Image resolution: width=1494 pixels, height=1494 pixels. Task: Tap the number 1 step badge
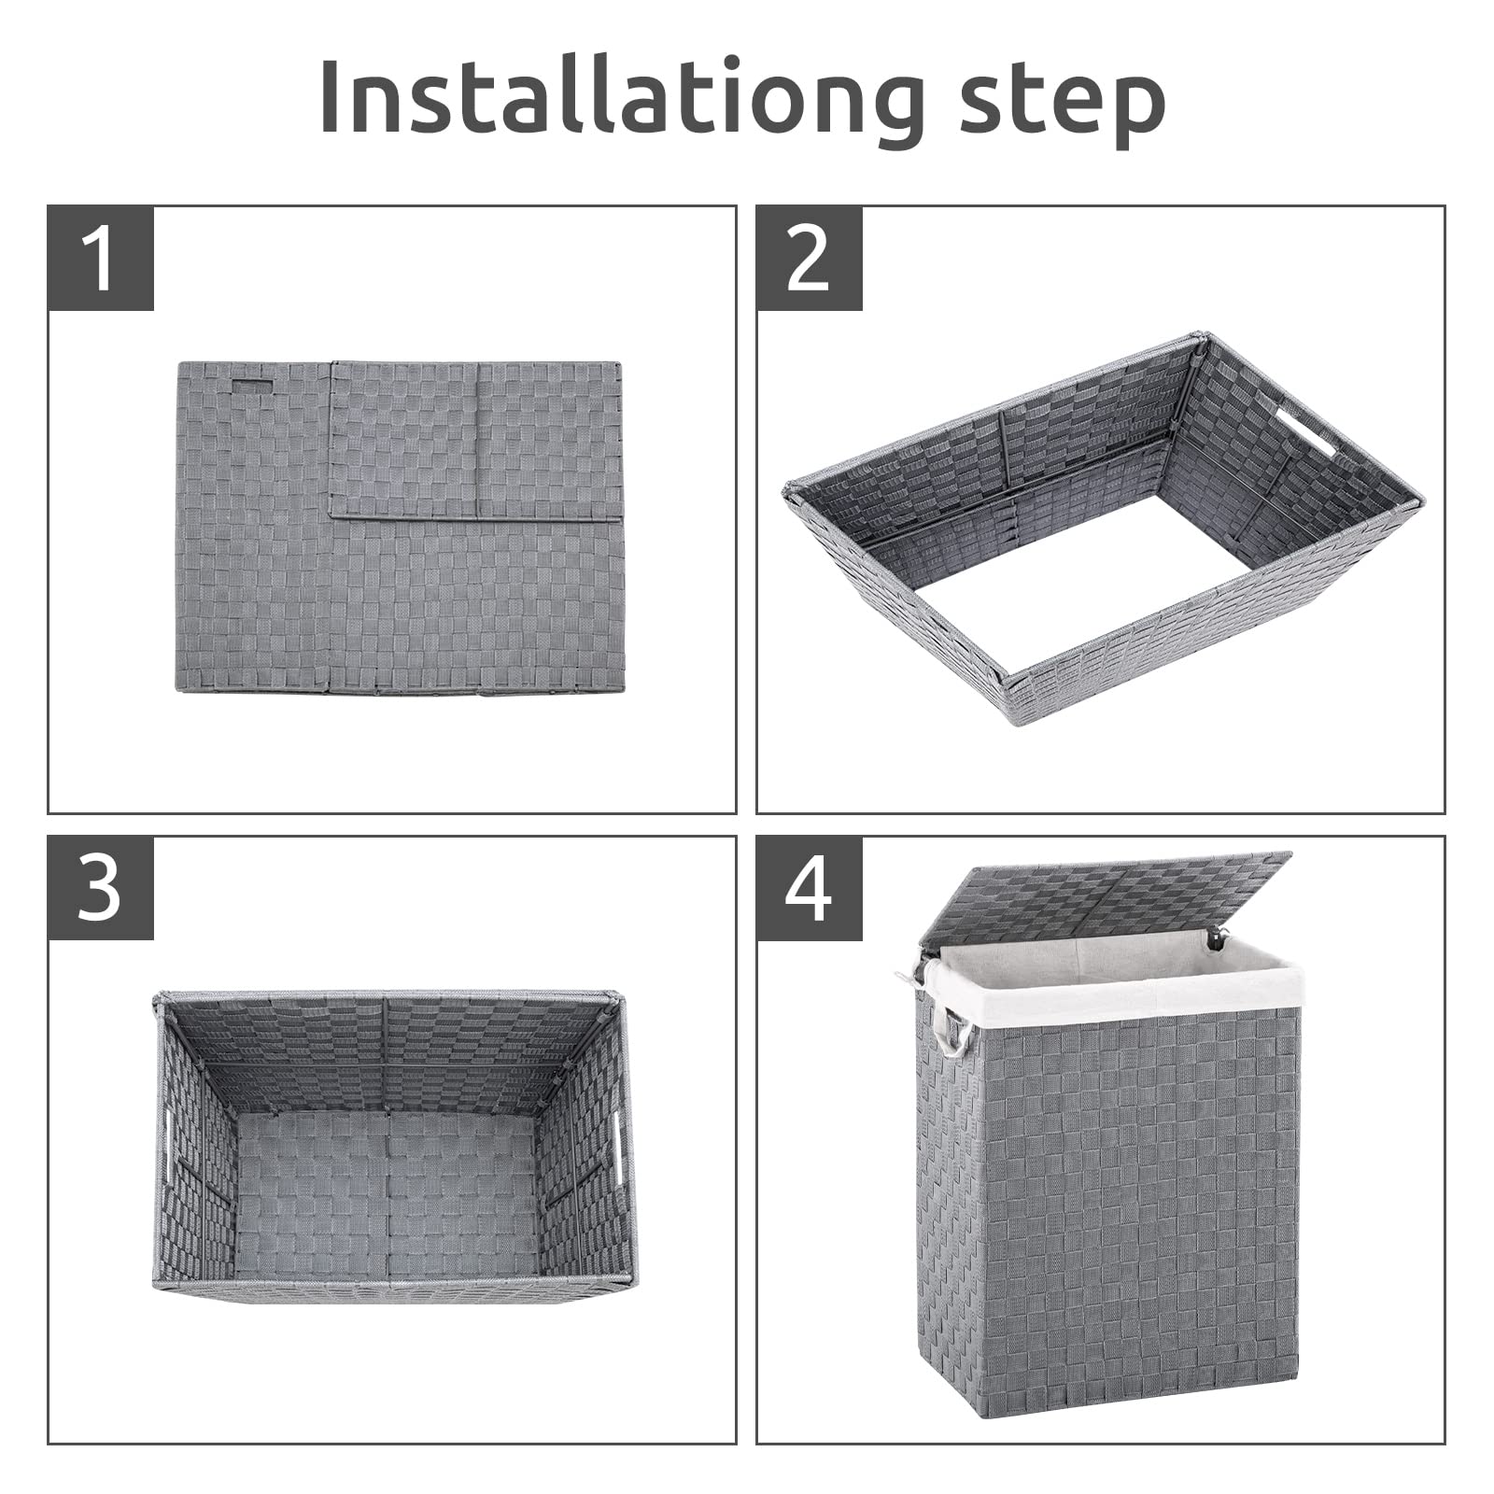pos(101,259)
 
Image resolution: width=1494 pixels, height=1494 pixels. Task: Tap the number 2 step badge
pos(809,259)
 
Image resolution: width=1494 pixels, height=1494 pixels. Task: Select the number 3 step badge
pos(101,889)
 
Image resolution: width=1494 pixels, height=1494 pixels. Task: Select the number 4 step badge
pos(809,889)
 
